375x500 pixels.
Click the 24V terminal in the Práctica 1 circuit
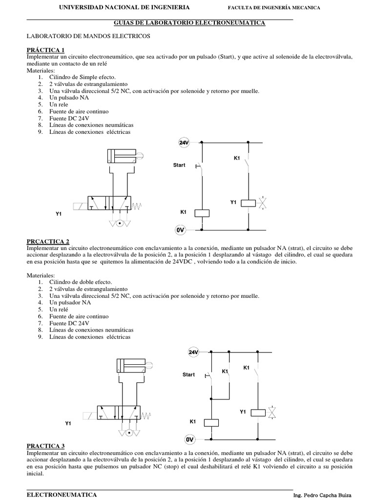[x=184, y=143]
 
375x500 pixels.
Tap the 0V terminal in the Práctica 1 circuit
[x=182, y=229]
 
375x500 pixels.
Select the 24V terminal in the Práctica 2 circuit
[x=193, y=352]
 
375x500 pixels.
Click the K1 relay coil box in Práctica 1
[x=202, y=212]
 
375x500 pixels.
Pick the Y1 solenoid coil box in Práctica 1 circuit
[x=250, y=202]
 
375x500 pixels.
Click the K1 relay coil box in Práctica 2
[x=211, y=422]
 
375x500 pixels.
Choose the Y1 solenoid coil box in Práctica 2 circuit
[x=258, y=413]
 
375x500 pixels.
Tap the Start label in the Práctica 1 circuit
[x=179, y=165]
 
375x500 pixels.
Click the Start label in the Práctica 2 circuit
[x=188, y=375]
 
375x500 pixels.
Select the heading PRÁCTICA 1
[x=45, y=50]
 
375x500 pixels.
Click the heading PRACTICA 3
[x=45, y=446]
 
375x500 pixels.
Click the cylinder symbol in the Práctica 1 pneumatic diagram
[x=123, y=157]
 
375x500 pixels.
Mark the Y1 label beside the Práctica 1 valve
[x=59, y=214]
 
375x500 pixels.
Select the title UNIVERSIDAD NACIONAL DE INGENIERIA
[x=125, y=8]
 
